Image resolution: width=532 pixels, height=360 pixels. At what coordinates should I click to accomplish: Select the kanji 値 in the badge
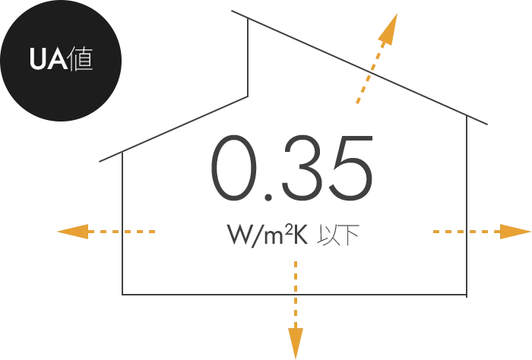click(81, 59)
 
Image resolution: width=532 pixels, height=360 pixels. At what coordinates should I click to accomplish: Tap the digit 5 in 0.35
click(353, 169)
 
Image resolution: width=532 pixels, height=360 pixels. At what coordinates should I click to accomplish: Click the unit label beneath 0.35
click(291, 233)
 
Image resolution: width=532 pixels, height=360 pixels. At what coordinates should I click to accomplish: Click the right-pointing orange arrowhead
click(514, 231)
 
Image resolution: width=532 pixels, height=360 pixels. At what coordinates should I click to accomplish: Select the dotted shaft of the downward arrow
click(295, 292)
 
